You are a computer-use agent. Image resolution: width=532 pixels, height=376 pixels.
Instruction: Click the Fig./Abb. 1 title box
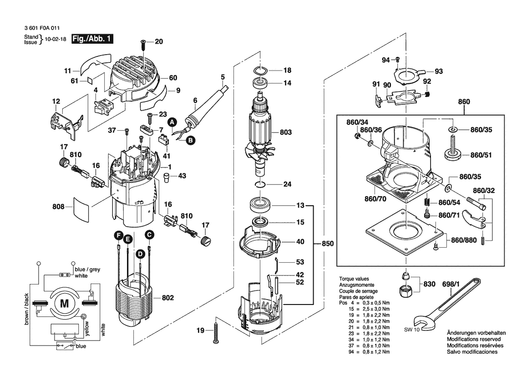tap(92, 39)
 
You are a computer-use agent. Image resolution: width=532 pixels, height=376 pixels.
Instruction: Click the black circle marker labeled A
tap(172, 122)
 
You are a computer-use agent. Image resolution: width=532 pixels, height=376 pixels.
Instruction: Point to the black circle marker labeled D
tap(140, 254)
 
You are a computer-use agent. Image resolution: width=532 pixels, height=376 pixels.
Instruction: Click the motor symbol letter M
tap(64, 303)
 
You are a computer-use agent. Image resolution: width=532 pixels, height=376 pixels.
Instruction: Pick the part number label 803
tap(286, 132)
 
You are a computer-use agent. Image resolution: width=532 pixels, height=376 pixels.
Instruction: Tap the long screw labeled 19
tap(216, 333)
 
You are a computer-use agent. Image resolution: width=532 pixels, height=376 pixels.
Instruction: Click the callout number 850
tap(328, 244)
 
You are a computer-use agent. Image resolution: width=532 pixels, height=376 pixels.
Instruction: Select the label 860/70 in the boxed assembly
tap(375, 199)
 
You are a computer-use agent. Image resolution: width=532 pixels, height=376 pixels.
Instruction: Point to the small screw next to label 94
tap(398, 60)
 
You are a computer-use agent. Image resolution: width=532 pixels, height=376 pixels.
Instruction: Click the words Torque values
tap(354, 279)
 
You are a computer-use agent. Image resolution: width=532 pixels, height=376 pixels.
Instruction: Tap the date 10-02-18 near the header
tap(56, 39)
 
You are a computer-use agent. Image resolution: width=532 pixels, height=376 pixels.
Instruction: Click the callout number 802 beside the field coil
tap(167, 298)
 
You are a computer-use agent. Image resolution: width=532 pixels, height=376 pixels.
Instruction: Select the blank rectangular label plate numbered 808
tap(82, 207)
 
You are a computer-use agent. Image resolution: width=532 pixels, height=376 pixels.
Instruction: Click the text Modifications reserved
tap(474, 339)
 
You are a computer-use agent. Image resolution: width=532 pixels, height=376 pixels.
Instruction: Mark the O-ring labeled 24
tap(260, 184)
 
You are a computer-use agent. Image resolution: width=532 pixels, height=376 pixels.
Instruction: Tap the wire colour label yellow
tap(87, 328)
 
